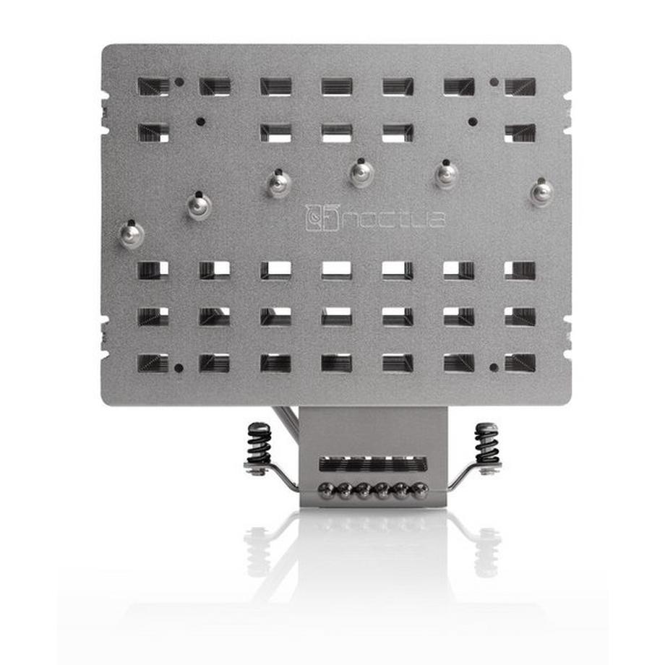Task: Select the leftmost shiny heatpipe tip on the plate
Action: (132, 235)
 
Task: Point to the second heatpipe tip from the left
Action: (199, 205)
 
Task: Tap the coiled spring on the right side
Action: (486, 442)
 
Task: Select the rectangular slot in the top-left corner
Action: (153, 87)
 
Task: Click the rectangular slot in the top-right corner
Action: (520, 87)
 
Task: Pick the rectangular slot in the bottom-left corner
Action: (153, 363)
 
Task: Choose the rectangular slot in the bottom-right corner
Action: (520, 363)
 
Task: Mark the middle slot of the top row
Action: (337, 87)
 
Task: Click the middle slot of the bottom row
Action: (337, 363)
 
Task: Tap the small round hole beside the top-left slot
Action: (179, 82)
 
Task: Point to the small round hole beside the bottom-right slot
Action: (494, 367)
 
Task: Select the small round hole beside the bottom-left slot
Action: (179, 367)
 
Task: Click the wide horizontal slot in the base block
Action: (373, 463)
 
